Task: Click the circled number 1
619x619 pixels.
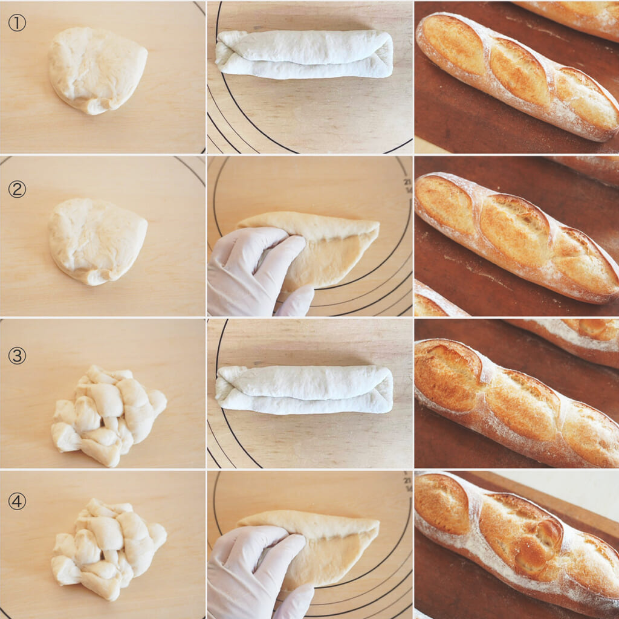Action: [x=17, y=24]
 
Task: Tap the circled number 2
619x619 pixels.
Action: [x=17, y=189]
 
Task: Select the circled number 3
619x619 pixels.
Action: [x=17, y=355]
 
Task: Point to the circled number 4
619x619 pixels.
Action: [x=17, y=501]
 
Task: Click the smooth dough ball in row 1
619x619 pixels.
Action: [x=97, y=70]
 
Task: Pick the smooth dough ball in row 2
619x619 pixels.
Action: [x=97, y=242]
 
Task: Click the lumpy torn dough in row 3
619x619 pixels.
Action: [x=108, y=415]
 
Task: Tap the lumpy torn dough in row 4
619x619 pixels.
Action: [x=108, y=549]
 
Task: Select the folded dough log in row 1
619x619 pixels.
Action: [x=304, y=54]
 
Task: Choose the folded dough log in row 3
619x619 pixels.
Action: [x=304, y=390]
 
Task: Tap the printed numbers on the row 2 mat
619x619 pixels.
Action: [x=408, y=186]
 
